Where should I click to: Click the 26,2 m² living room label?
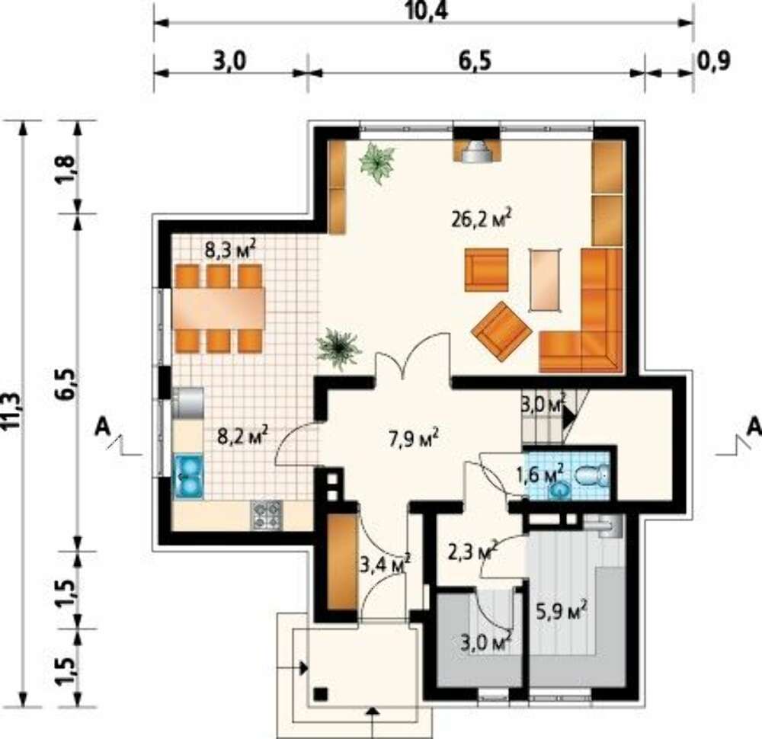click(481, 219)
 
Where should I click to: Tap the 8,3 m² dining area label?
click(229, 250)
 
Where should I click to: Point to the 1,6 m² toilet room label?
click(540, 474)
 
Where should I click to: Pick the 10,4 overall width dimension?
click(426, 11)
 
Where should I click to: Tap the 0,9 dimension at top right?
click(714, 61)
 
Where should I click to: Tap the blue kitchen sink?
click(189, 477)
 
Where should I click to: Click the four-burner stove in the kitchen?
click(266, 515)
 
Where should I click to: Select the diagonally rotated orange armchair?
click(501, 331)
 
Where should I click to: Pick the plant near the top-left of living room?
click(376, 162)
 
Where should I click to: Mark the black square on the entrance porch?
click(320, 694)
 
